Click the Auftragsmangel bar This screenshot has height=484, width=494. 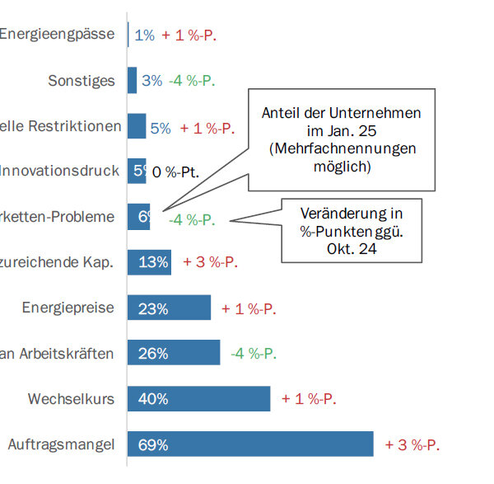[x=250, y=444]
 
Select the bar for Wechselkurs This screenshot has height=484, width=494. [x=199, y=399]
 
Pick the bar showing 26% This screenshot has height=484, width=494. [x=174, y=354]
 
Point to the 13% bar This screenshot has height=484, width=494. [x=150, y=262]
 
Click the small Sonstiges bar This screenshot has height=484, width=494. [x=133, y=80]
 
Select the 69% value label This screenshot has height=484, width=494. [x=153, y=444]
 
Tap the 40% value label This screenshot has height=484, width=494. [x=153, y=399]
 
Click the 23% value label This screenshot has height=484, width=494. [x=153, y=309]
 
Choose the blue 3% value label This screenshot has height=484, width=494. [x=152, y=81]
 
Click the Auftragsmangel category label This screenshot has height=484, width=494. [x=61, y=444]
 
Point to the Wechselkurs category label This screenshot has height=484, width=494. [x=71, y=399]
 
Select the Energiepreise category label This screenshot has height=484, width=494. [x=68, y=308]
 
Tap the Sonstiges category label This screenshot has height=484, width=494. [x=81, y=81]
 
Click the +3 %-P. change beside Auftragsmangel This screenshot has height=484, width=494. [x=412, y=444]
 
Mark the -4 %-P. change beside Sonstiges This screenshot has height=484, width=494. [x=192, y=81]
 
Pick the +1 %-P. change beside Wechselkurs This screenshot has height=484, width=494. [x=309, y=399]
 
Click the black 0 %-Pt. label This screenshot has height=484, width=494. [x=176, y=172]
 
